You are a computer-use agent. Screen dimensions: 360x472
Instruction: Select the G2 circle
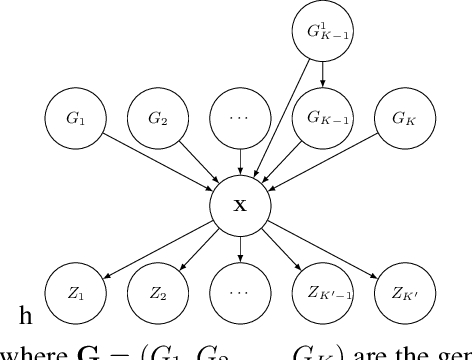coord(156,118)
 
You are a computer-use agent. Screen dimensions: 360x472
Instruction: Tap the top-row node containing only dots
coord(237,118)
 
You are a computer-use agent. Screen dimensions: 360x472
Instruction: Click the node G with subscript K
coord(401,118)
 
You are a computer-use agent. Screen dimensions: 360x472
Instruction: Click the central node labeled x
coord(238,206)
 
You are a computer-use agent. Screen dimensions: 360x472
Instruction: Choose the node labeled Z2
coord(156,294)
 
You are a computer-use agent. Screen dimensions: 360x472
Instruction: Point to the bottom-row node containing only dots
coord(237,294)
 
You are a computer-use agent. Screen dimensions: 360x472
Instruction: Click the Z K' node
coord(401,294)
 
